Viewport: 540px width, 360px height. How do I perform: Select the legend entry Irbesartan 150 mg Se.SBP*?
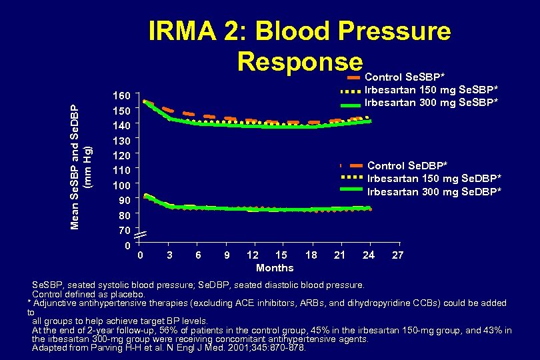[x=432, y=90]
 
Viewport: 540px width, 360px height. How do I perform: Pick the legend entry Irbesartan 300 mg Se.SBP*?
[x=432, y=103]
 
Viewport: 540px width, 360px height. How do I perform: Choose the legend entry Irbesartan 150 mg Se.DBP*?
[x=434, y=178]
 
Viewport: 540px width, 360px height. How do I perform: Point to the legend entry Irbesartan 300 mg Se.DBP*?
[x=434, y=191]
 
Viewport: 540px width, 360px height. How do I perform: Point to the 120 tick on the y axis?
[x=121, y=155]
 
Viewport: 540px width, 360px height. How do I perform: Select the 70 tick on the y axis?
[x=123, y=231]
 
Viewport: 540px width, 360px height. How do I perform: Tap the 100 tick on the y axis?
[x=121, y=185]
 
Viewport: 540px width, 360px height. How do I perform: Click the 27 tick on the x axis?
[x=397, y=255]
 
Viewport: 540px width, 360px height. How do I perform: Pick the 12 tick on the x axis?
[x=253, y=255]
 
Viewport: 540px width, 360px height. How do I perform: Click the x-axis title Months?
[x=275, y=268]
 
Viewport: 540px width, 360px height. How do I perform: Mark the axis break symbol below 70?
[x=140, y=235]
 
